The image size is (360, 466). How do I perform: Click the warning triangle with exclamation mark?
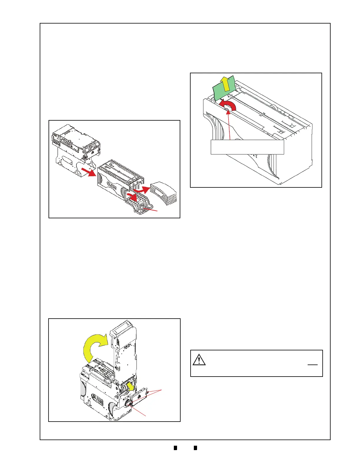(199, 360)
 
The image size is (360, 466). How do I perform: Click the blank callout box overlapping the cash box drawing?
(247, 147)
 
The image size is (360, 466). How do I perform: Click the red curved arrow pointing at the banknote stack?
(142, 189)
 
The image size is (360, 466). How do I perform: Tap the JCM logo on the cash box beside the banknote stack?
(113, 186)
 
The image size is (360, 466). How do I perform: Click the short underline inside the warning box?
(313, 365)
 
